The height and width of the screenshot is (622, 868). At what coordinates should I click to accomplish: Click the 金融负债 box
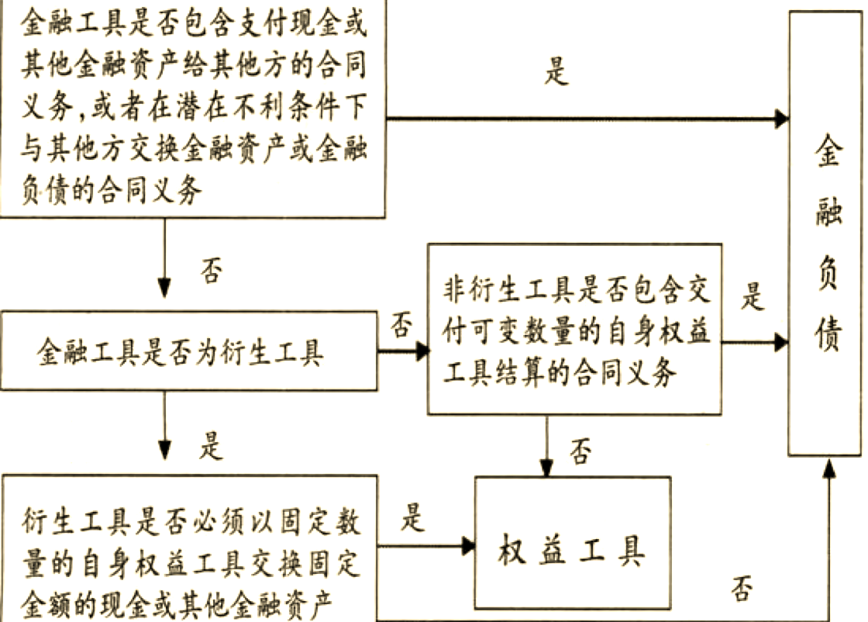click(x=826, y=233)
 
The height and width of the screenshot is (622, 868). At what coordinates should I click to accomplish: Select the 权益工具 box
click(x=572, y=543)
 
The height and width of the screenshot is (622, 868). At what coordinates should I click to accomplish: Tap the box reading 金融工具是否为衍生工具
click(x=189, y=353)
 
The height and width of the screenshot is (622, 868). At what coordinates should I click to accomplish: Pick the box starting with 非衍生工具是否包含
click(x=573, y=329)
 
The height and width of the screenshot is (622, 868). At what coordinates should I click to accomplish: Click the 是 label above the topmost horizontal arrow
click(x=556, y=71)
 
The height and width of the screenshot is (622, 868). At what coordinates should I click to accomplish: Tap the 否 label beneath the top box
click(x=210, y=272)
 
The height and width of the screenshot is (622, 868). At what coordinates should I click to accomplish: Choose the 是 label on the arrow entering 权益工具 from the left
click(x=413, y=518)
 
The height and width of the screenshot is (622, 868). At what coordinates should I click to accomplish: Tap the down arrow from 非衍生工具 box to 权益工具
click(x=547, y=447)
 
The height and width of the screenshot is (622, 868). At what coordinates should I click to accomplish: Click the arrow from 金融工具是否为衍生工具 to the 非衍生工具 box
click(x=403, y=351)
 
